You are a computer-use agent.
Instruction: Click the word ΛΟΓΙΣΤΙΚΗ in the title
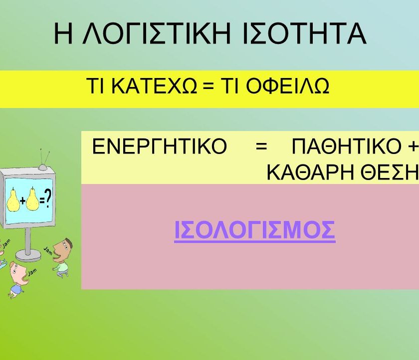(156, 33)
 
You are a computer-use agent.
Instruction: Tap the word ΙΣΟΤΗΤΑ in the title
(305, 33)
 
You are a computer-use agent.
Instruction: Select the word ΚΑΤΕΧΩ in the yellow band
(154, 86)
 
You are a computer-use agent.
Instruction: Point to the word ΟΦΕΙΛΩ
(287, 86)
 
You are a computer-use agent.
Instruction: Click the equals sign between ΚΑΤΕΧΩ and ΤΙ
(209, 86)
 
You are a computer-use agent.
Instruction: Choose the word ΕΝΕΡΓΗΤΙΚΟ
(159, 146)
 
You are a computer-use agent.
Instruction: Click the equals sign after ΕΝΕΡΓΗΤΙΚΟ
(261, 146)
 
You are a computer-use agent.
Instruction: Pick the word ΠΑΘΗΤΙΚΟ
(347, 146)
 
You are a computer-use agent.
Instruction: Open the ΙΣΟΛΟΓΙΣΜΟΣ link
(255, 230)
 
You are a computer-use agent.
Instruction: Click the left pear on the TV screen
(12, 199)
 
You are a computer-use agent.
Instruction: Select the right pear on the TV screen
(32, 199)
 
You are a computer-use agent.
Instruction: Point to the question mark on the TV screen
(47, 198)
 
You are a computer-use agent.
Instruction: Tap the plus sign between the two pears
(23, 200)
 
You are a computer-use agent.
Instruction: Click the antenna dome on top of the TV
(42, 167)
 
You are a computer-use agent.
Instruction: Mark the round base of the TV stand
(28, 256)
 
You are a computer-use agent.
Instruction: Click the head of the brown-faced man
(62, 249)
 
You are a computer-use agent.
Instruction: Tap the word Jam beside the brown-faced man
(48, 250)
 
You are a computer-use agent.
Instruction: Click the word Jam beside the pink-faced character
(32, 272)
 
